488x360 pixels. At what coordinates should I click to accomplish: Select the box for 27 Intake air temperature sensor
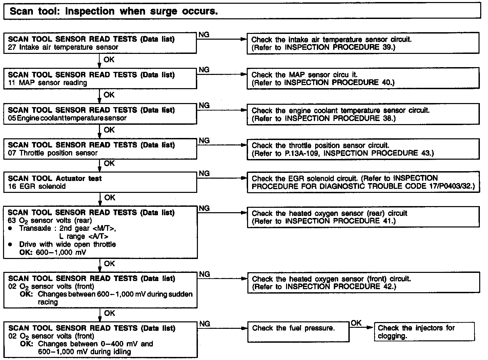[100, 43]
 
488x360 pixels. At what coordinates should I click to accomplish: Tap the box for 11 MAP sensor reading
[100, 78]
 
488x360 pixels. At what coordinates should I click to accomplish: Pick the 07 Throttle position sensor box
[100, 149]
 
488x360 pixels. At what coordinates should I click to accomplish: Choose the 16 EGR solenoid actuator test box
[100, 182]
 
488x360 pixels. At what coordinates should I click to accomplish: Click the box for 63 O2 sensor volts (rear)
[100, 232]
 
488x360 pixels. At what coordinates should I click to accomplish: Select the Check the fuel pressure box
[298, 332]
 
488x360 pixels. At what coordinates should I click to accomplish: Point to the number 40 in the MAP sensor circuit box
[387, 82]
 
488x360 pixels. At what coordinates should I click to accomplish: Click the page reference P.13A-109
[303, 153]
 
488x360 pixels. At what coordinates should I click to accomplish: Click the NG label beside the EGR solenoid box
[204, 173]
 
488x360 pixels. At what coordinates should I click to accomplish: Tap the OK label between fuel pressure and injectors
[356, 323]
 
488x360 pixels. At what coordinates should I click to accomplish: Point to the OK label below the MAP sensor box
[109, 95]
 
